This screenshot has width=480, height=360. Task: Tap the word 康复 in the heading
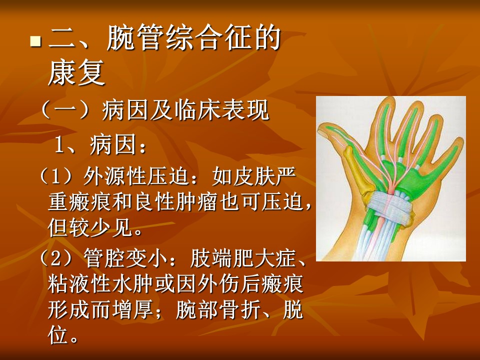pyautogui.click(x=76, y=72)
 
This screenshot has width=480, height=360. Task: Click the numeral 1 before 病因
pyautogui.click(x=59, y=145)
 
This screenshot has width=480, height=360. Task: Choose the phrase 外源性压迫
pyautogui.click(x=136, y=176)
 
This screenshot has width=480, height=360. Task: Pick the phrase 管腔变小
pyautogui.click(x=125, y=258)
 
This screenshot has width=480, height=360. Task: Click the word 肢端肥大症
pyautogui.click(x=242, y=258)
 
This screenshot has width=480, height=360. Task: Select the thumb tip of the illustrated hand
pyautogui.click(x=321, y=130)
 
